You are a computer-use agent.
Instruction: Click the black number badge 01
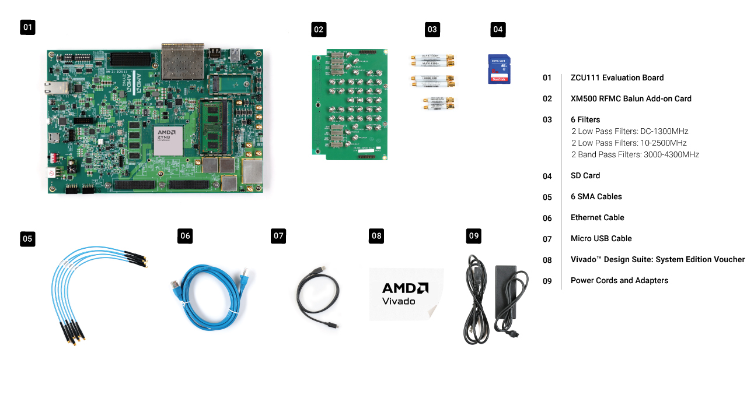tap(27, 27)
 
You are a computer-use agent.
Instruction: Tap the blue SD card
tap(499, 69)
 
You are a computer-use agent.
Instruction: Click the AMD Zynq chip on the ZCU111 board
tap(169, 139)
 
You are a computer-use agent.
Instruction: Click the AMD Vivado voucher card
tap(406, 294)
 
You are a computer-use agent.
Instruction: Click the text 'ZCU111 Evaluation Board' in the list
tap(617, 77)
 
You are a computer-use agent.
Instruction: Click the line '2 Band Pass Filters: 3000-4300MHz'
tap(635, 154)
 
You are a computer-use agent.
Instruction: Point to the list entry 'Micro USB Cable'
tap(601, 238)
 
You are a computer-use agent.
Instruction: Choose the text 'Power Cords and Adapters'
tap(619, 280)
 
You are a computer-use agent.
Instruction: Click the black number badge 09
tap(474, 236)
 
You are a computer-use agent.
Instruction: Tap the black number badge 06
tap(185, 236)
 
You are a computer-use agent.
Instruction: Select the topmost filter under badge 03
tap(432, 60)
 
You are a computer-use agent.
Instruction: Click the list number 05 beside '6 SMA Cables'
tap(547, 197)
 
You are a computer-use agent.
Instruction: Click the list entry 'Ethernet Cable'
tap(597, 217)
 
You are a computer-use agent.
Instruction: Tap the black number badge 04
tap(498, 29)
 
